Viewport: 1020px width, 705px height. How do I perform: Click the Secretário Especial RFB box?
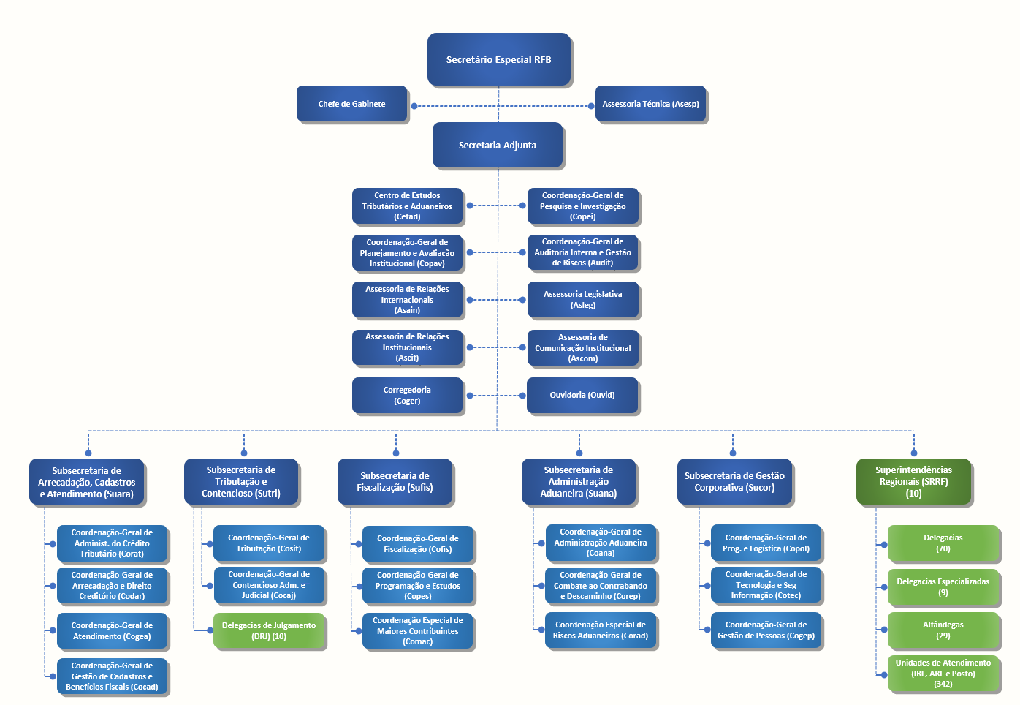[499, 59]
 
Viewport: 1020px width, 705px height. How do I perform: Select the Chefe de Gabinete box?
[351, 104]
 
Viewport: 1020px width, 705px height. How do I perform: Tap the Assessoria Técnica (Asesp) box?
[650, 104]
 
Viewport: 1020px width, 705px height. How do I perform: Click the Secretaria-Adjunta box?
[498, 145]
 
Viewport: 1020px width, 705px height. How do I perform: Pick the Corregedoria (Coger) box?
[407, 395]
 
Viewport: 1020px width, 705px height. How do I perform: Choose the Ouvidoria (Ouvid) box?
[582, 395]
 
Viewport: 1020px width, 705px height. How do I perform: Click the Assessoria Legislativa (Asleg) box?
[582, 300]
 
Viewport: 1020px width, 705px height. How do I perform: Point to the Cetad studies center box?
[407, 206]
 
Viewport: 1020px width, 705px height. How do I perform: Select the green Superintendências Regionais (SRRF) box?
[913, 481]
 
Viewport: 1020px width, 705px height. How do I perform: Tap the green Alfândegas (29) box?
[943, 630]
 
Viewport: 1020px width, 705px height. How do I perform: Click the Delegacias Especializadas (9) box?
[943, 587]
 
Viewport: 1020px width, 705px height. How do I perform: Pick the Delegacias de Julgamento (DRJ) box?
[269, 630]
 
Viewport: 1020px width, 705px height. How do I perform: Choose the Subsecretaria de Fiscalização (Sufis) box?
[395, 481]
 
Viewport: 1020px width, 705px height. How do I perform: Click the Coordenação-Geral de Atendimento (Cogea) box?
[112, 630]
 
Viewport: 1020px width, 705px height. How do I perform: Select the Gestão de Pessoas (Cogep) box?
[766, 630]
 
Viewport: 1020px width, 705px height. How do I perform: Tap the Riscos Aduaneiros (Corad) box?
[600, 630]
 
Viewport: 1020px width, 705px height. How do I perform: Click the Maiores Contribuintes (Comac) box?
[417, 630]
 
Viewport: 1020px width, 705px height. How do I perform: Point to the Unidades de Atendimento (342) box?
[943, 673]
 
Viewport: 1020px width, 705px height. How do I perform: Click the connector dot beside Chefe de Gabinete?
[414, 106]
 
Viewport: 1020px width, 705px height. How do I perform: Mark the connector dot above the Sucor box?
[733, 453]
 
